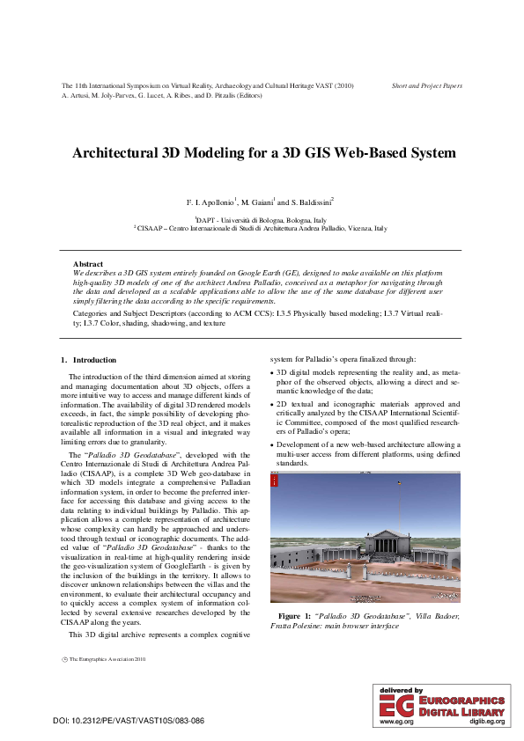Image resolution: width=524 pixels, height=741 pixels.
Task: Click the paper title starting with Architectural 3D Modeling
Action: [264, 153]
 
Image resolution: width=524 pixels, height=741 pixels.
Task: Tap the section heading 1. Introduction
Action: [88, 360]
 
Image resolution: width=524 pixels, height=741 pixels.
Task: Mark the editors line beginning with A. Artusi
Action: [162, 94]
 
